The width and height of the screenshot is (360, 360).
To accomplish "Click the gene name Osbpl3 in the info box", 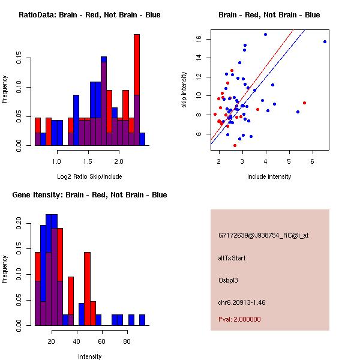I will coord(229,280).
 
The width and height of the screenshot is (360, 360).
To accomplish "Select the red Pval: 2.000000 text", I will coord(239,320).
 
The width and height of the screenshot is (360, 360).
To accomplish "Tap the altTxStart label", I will coord(232,258).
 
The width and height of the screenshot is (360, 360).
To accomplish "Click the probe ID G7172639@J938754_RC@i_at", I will coord(263,236).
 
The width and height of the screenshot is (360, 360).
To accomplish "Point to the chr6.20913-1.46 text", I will coord(241,302).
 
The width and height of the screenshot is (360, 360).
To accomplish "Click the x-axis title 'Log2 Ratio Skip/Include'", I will coord(89,176).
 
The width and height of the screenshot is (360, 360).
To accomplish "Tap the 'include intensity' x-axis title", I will coord(269,176).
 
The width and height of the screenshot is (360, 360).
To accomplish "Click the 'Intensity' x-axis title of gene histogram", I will coord(90,356).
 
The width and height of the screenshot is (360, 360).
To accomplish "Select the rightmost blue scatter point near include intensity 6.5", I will coord(325,41).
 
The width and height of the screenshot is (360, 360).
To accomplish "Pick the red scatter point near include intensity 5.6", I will coord(304,103).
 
